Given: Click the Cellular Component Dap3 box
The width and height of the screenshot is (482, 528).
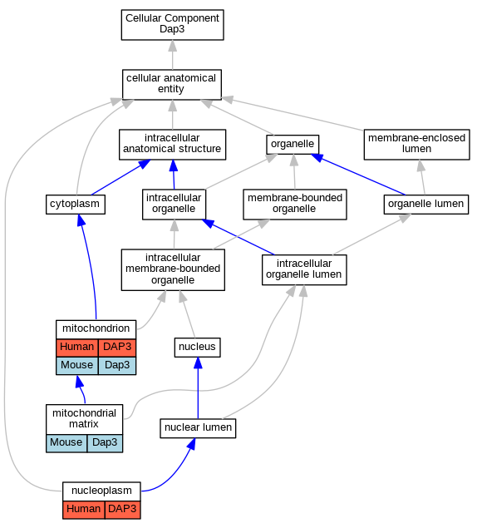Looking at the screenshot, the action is coord(172,25).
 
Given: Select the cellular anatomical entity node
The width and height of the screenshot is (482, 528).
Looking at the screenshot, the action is coord(172,85).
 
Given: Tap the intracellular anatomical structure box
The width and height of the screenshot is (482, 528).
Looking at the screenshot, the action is coord(172,145).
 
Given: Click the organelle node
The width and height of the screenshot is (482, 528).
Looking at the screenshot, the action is coord(293,145).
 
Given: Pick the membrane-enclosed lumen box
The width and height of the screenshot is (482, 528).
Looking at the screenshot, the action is coord(416,145).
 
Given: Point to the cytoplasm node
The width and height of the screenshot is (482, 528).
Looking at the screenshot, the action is coord(76,205).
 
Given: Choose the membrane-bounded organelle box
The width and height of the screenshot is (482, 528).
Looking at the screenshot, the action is coord(295,205).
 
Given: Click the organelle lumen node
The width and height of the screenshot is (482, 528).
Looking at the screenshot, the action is coord(426,205).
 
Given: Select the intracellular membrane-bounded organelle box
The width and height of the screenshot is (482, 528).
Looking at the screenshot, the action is coord(173,269).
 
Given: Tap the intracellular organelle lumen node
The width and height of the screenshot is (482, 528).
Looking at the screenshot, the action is coord(304,269).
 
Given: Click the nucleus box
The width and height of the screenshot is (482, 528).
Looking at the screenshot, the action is coord(197,348).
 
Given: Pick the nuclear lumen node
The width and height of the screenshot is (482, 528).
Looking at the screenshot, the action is coord(198,428).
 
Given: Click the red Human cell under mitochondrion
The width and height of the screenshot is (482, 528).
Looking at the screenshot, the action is coord(77,348).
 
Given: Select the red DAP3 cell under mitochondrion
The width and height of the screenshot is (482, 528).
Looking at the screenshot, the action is coord(117,348).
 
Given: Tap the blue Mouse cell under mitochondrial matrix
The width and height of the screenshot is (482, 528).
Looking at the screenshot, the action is coord(66,443).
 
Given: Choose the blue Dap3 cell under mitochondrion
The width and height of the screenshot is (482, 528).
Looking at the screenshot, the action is coord(117,366).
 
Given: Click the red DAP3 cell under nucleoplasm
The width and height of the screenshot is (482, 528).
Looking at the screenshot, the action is coord(122,510).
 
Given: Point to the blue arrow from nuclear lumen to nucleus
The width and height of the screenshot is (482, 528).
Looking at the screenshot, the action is coord(198,388).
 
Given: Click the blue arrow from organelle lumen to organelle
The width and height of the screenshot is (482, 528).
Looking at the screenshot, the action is coord(358,174).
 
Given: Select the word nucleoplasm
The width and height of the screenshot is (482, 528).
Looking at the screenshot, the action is coord(101,491).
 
